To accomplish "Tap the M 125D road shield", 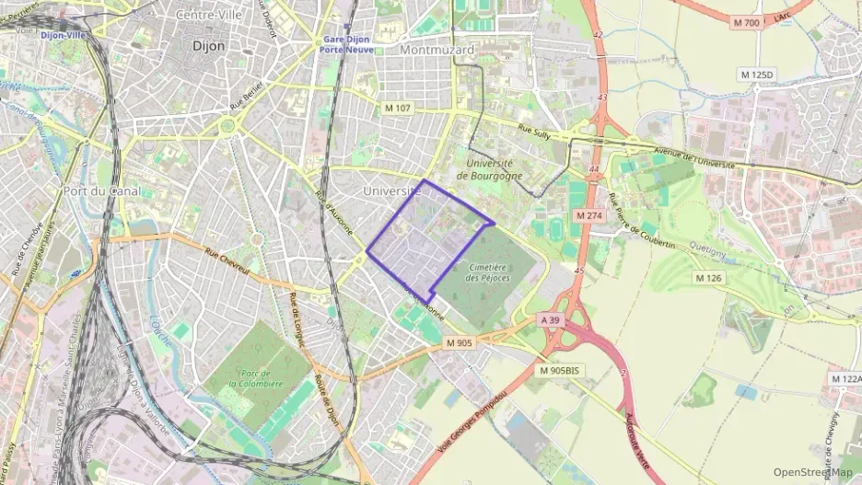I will click(757, 74).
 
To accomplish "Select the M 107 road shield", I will click(398, 109).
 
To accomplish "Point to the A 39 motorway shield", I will click(550, 318).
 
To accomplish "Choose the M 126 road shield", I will click(708, 277).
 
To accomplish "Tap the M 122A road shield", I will click(845, 378).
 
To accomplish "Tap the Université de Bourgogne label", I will click(488, 169).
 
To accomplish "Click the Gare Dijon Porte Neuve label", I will click(347, 44).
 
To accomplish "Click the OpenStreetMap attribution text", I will click(812, 472).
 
